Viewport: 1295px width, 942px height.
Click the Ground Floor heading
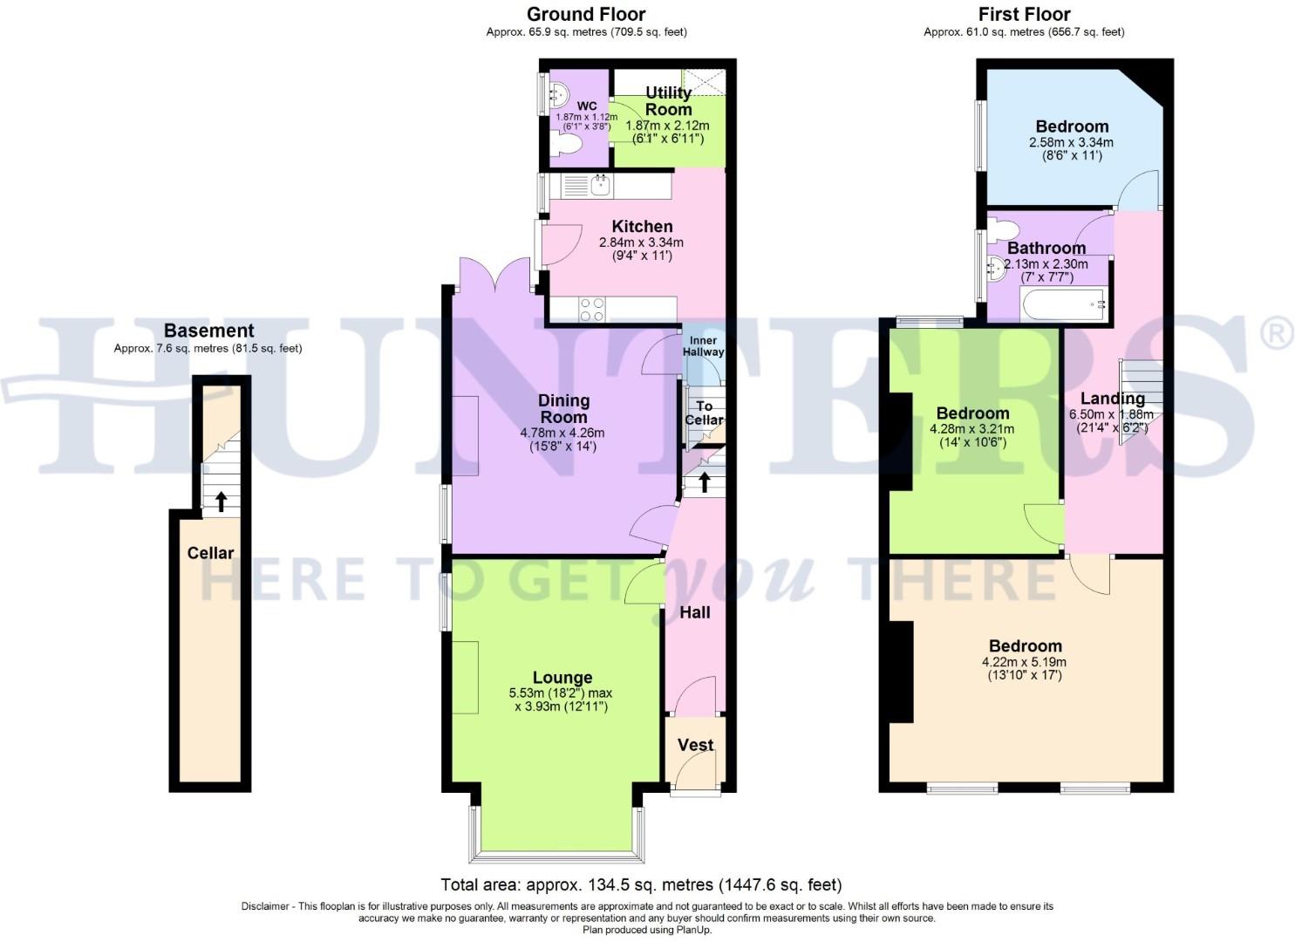point(586,14)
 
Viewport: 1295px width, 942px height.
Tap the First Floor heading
point(1024,14)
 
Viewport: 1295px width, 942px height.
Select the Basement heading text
point(208,331)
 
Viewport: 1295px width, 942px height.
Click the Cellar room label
point(210,553)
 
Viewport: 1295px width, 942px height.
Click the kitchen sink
point(600,185)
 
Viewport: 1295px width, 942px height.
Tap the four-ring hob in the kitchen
point(592,310)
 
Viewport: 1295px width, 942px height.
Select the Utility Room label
point(668,101)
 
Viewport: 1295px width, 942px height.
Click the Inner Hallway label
point(703,346)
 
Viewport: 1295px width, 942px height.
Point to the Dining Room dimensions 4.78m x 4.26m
point(562,433)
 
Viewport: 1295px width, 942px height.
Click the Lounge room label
point(562,678)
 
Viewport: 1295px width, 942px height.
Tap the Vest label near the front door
point(695,745)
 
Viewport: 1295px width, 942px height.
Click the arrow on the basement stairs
point(222,501)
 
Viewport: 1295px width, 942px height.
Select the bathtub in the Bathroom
point(1064,306)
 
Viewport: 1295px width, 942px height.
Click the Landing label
point(1112,399)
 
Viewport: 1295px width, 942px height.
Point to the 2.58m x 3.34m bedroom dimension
point(1071,142)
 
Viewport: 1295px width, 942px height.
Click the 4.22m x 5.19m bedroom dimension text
point(1025,661)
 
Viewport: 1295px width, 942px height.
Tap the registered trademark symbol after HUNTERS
point(1278,334)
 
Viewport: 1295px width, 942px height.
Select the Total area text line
point(641,884)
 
